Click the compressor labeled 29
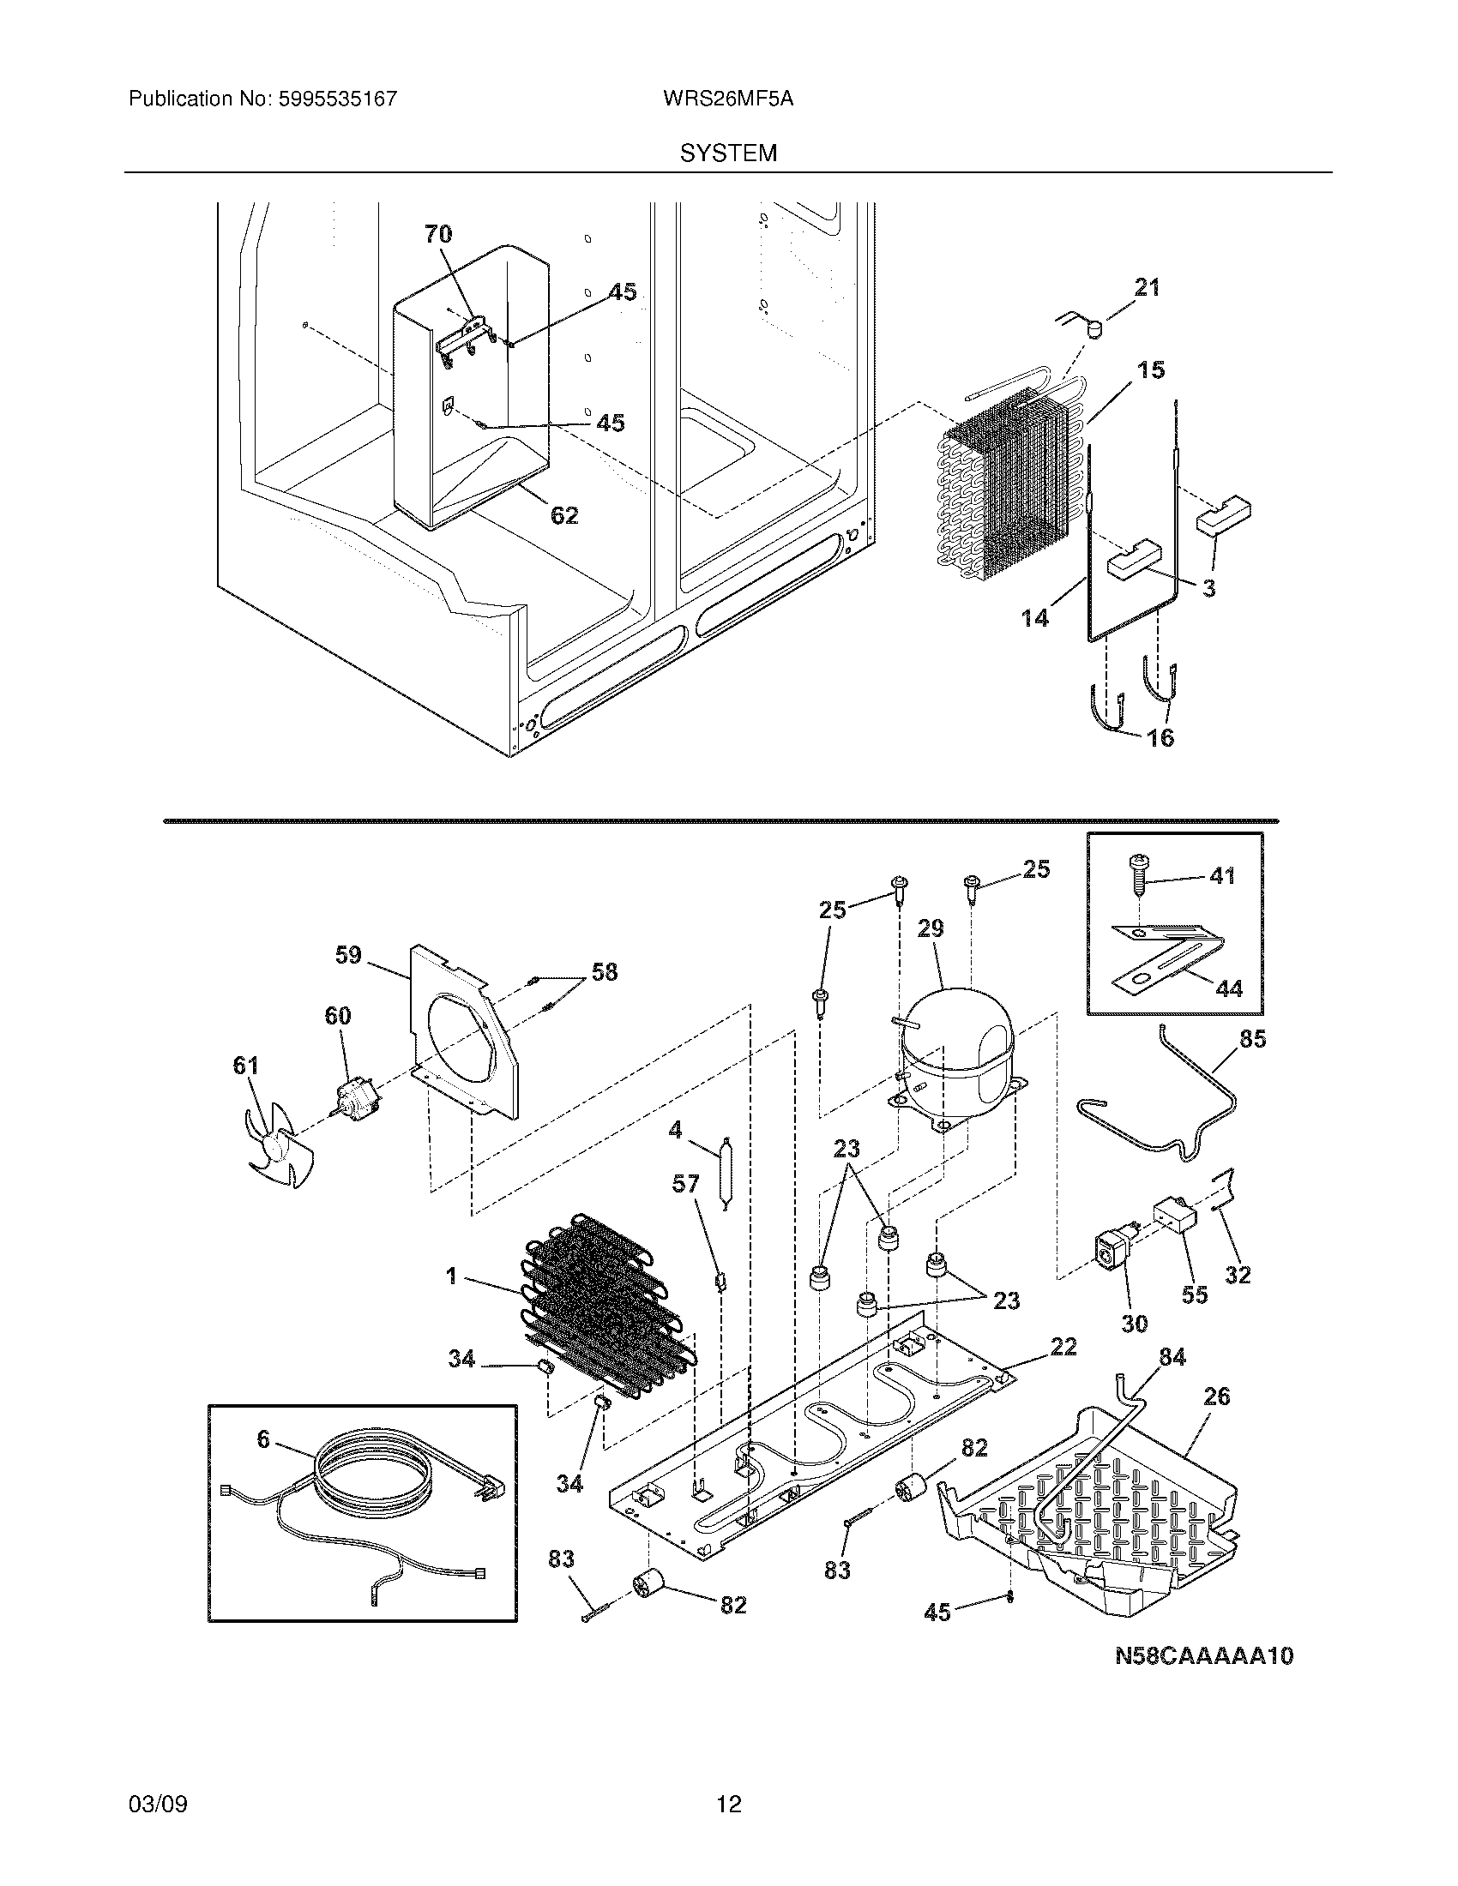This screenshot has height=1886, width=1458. [x=954, y=1060]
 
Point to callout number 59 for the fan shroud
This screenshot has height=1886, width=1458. [x=348, y=955]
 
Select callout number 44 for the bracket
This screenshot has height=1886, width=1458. [x=1228, y=988]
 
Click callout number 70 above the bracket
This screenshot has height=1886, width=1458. [x=438, y=234]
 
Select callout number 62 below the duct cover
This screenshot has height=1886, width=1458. [x=564, y=515]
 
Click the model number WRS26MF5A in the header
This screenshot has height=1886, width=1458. [x=728, y=99]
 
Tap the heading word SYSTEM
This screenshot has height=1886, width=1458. [x=728, y=153]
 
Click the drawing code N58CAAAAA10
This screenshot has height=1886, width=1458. [x=1203, y=1655]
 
